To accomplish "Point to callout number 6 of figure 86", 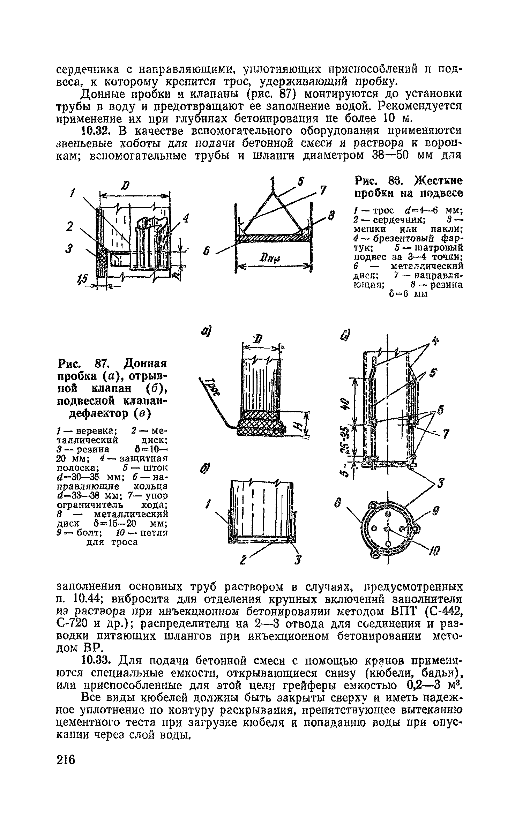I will [x=208, y=251].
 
